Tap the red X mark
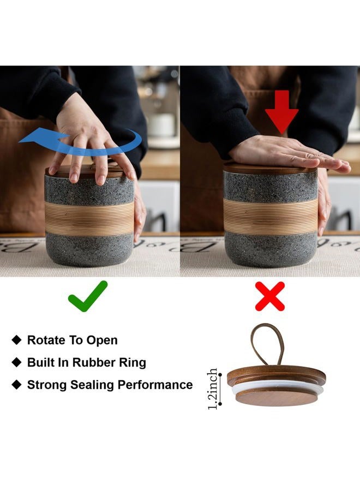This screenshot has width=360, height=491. point(270,296)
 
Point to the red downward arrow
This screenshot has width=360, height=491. point(281,112)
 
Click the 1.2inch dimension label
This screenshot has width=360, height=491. point(213,388)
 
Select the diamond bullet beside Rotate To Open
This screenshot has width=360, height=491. point(16,340)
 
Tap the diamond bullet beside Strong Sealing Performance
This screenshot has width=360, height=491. point(16,385)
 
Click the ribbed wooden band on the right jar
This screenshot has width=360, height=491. point(271,216)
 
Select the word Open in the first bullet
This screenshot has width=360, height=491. point(102,340)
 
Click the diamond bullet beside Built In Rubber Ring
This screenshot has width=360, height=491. point(16,362)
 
